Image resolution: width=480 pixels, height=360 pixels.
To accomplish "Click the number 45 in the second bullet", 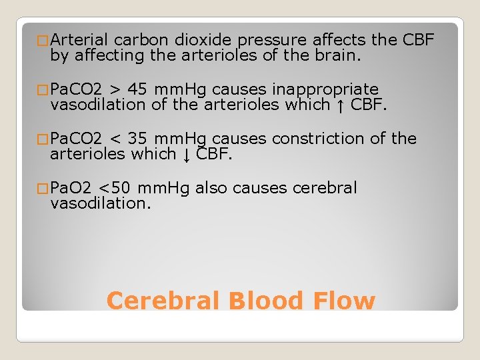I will coord(139,89).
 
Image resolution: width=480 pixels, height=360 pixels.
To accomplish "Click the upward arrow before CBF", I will coord(341,105).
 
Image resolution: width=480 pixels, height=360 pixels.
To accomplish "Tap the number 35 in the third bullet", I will coord(139,139).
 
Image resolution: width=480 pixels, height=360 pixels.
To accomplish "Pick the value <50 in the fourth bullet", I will coord(111,188).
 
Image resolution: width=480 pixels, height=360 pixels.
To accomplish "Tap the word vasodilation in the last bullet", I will coord(101,204).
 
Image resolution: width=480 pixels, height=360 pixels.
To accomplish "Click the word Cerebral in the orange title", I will coord(164,301).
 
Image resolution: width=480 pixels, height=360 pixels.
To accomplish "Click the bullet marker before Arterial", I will coord(44,41).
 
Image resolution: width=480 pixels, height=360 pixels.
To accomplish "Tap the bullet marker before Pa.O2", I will coord(44,189).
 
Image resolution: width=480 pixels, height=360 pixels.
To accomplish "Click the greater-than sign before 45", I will coord(115,90).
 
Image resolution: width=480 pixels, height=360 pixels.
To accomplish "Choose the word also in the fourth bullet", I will coord(212,188).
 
